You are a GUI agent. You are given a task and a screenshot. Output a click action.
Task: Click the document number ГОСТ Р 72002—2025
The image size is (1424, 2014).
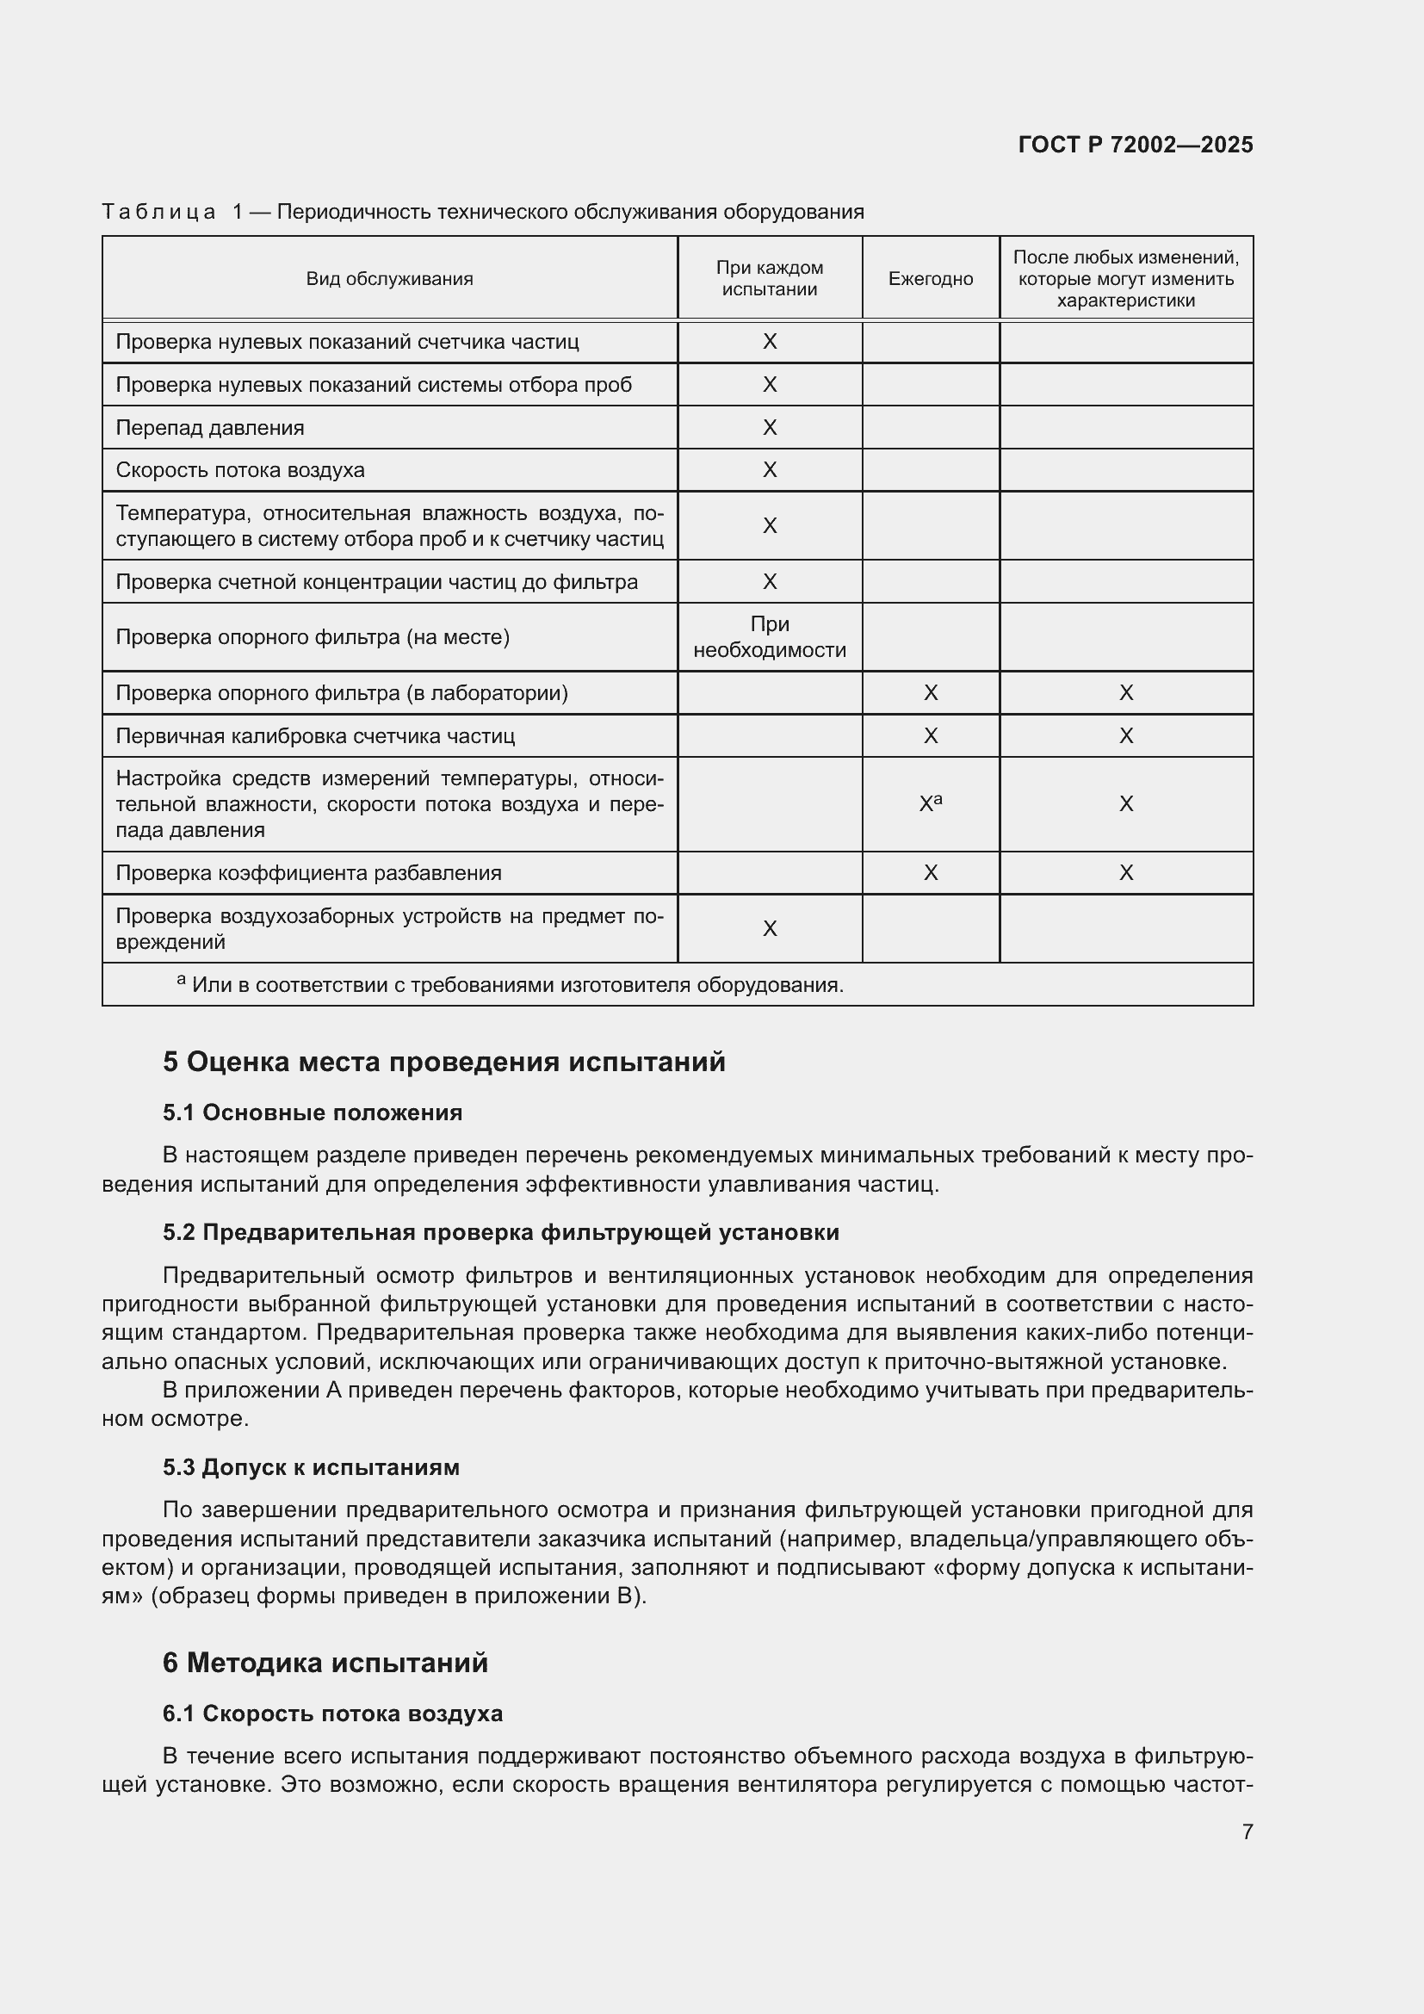[1135, 145]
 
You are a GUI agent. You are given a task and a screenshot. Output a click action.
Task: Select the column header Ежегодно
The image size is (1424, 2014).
[931, 279]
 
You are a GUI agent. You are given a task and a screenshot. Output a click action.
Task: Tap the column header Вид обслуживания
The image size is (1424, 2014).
[389, 279]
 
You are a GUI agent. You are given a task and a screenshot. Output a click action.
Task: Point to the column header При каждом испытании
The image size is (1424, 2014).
[769, 279]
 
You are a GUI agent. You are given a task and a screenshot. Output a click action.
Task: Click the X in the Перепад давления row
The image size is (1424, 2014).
[769, 427]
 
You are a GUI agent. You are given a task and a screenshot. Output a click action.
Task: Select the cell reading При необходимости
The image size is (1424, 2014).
[769, 637]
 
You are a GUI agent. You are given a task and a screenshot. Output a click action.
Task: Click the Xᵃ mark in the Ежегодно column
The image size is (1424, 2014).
[930, 803]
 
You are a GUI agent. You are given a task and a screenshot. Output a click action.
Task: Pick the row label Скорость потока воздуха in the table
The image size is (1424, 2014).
[240, 470]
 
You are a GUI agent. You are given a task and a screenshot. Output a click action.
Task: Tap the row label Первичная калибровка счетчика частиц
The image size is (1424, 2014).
[315, 736]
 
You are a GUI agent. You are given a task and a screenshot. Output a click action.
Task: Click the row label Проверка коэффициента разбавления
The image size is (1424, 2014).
[309, 873]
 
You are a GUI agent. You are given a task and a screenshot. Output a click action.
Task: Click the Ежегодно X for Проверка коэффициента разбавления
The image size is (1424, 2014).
[931, 873]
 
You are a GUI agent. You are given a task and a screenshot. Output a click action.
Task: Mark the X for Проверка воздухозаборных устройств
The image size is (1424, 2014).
[769, 929]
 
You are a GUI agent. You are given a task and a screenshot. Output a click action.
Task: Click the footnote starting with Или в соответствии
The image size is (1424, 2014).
[517, 985]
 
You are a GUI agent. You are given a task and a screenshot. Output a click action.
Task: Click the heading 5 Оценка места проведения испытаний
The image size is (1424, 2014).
[443, 1063]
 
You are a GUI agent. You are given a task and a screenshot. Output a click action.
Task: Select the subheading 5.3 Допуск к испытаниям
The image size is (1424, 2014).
[311, 1467]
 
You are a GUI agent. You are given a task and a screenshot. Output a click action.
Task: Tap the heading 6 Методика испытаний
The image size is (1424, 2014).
[325, 1664]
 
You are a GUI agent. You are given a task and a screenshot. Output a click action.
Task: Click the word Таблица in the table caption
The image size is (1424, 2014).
[158, 213]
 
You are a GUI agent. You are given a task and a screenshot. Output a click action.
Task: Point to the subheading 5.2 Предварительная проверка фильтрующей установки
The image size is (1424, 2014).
[500, 1232]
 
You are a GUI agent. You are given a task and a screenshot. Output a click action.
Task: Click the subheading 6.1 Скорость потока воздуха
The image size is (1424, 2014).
[332, 1714]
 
